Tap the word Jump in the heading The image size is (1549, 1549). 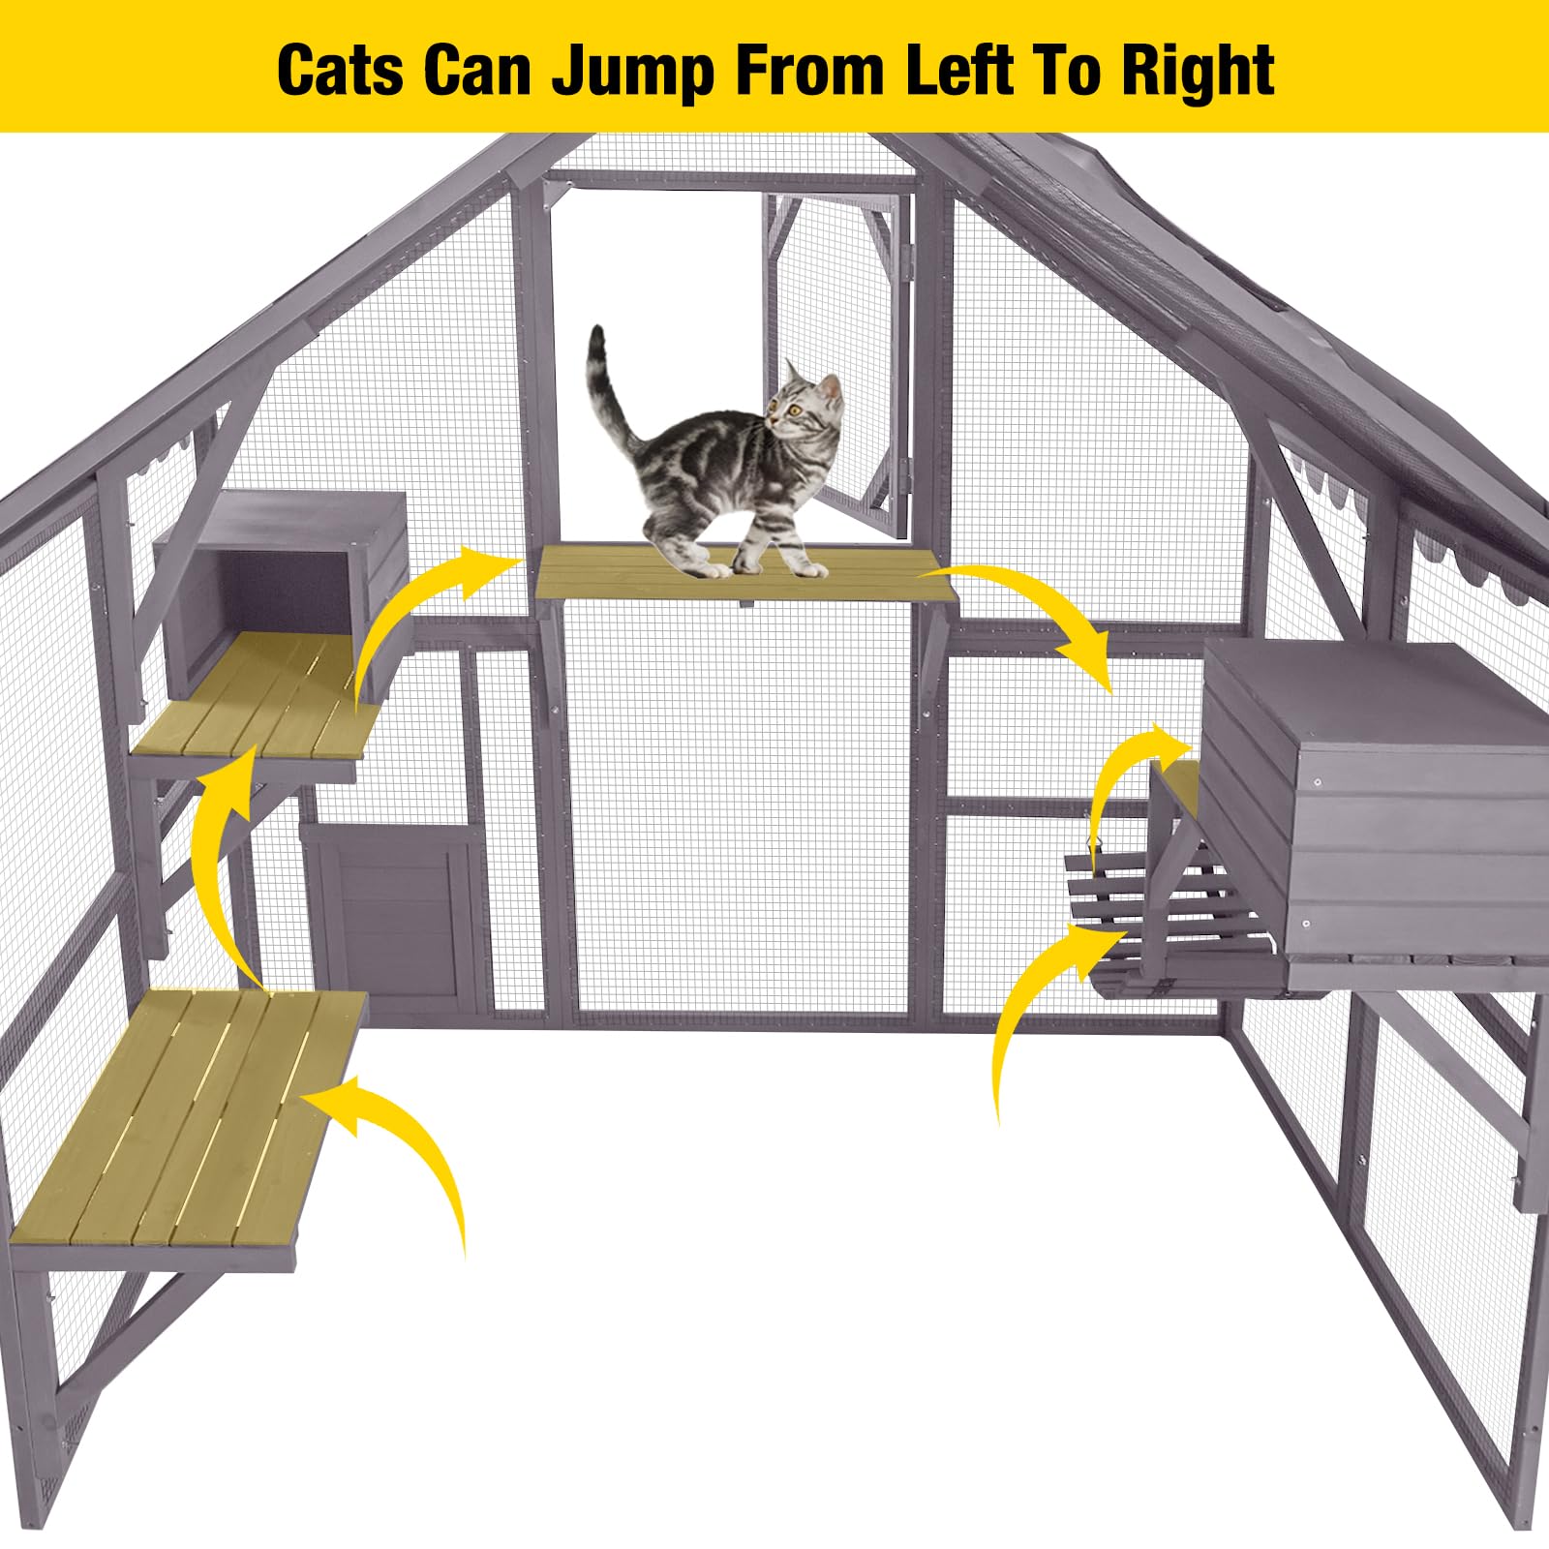[630, 72]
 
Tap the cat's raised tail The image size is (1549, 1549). [605, 387]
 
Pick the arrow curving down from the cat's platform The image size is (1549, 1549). [1046, 610]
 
